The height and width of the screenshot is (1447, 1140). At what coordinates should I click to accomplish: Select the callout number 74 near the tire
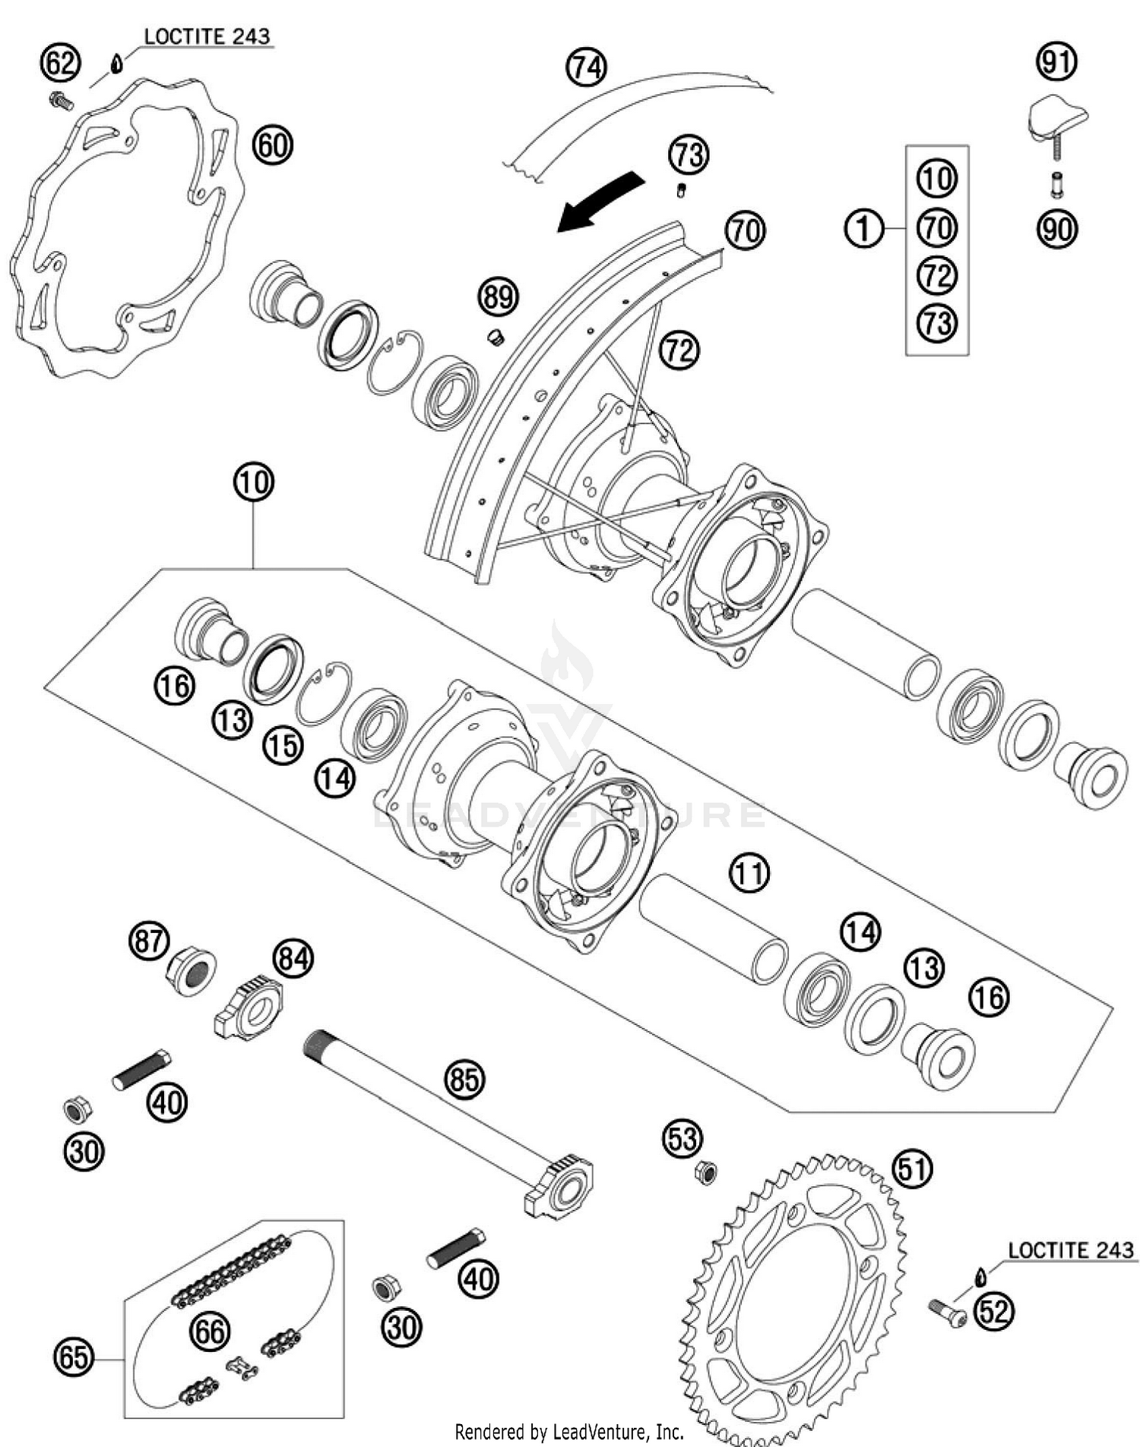click(586, 68)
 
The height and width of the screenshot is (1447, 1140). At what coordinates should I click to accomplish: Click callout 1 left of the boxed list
click(864, 228)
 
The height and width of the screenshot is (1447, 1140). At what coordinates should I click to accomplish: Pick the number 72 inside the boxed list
click(937, 275)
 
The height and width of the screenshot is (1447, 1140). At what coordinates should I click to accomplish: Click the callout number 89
click(499, 296)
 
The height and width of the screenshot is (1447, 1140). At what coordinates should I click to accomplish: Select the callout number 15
click(283, 746)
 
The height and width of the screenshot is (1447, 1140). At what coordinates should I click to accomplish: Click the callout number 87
click(148, 941)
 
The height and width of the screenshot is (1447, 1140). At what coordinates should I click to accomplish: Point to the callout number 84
click(293, 959)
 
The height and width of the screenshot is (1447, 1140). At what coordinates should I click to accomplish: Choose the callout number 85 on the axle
click(464, 1078)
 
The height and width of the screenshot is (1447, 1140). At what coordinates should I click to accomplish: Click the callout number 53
click(682, 1138)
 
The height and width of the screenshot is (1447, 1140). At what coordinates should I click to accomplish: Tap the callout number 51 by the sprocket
click(912, 1169)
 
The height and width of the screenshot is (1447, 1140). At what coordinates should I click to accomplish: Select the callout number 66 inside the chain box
click(209, 1331)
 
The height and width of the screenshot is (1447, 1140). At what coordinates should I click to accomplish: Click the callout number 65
click(74, 1357)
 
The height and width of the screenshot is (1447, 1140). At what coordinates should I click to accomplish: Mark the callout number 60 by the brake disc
click(272, 144)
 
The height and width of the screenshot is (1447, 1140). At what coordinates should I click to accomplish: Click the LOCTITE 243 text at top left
click(207, 36)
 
